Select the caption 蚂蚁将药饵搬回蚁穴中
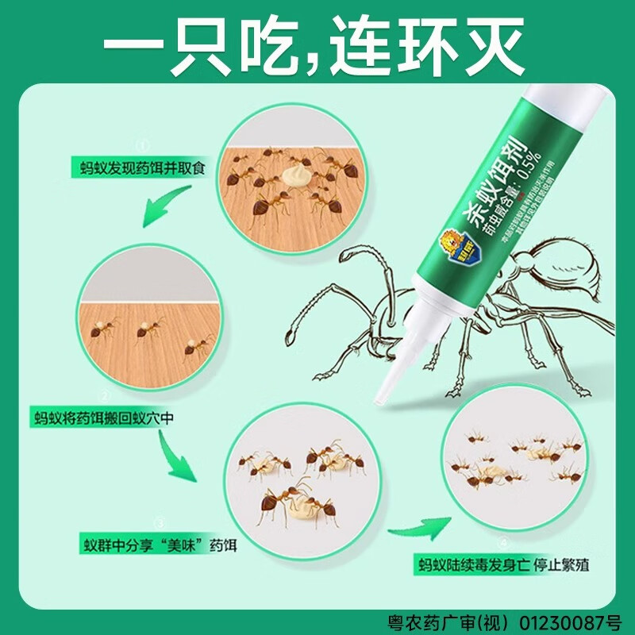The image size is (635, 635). point(103,416)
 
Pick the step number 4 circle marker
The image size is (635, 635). point(502,544)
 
